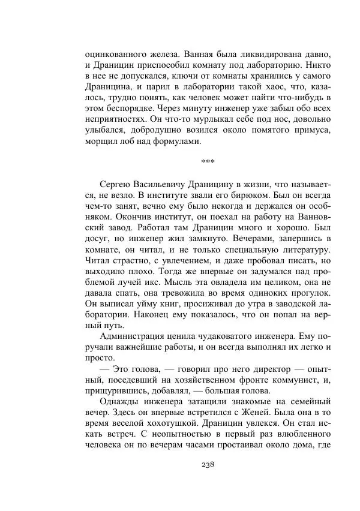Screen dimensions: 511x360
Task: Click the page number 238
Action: [208, 464]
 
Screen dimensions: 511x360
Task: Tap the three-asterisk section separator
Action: [208, 161]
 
